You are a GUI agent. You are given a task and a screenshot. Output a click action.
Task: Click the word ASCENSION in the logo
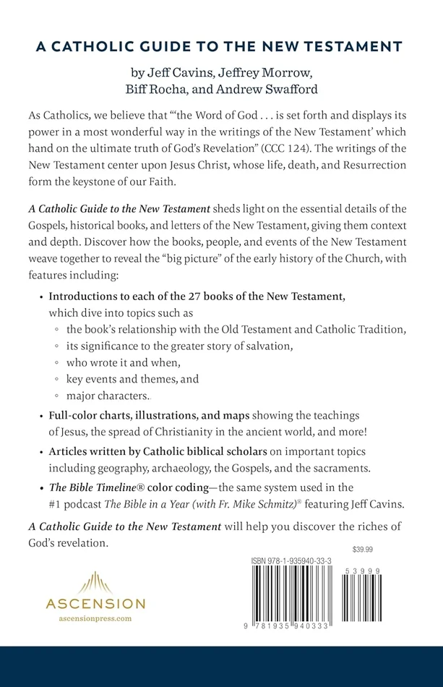pyautogui.click(x=95, y=603)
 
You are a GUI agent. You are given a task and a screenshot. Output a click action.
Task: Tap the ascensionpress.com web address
pyautogui.click(x=95, y=620)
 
